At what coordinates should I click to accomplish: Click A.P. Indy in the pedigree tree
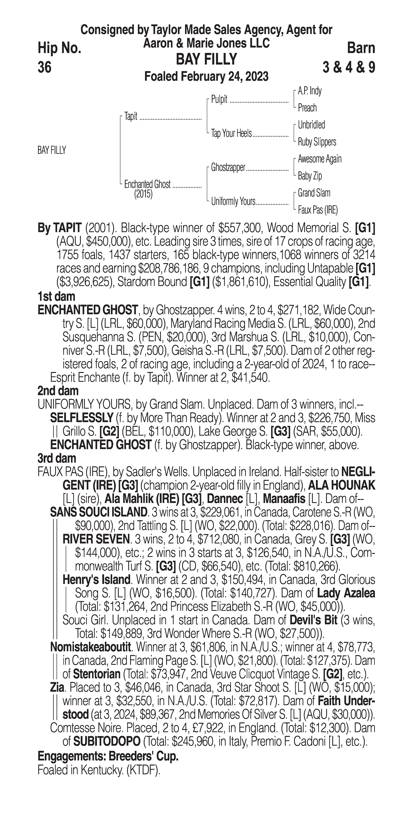(310, 91)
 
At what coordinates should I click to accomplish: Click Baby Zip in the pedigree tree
(310, 176)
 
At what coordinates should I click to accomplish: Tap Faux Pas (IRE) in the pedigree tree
(318, 210)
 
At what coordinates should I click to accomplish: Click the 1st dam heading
(56, 297)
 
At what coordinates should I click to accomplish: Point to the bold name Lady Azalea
(346, 593)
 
